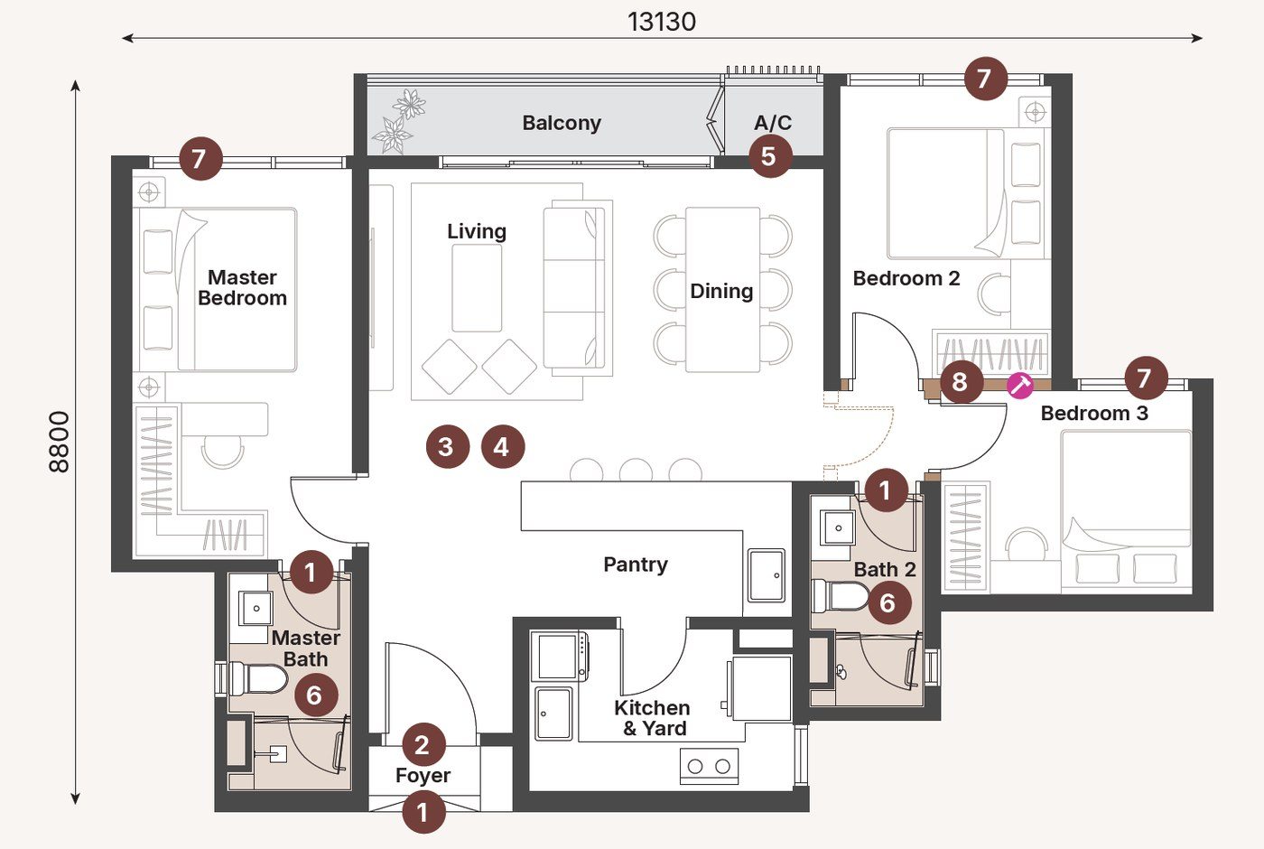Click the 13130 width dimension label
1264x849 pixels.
click(x=662, y=21)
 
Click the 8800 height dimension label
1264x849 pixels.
click(x=59, y=442)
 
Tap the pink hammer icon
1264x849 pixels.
click(x=1020, y=385)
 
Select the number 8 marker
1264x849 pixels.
click(x=961, y=382)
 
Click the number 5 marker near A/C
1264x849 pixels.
click(x=769, y=156)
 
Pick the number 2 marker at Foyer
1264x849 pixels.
click(x=422, y=745)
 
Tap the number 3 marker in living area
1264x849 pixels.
click(x=446, y=446)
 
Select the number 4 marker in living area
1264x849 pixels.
click(x=502, y=446)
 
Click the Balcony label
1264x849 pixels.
click(x=562, y=123)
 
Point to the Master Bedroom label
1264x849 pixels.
click(x=242, y=288)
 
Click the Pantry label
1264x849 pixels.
click(x=636, y=564)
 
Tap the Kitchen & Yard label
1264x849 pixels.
click(x=652, y=718)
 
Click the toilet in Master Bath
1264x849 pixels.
click(x=258, y=678)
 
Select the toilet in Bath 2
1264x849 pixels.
click(x=840, y=596)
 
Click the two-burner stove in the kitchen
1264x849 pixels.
click(x=709, y=766)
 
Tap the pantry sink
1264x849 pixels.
click(x=766, y=574)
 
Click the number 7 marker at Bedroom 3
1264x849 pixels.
click(x=1145, y=377)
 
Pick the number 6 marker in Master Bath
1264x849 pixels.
click(x=315, y=695)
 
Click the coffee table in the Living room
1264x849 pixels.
click(x=477, y=288)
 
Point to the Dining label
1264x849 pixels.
click(x=721, y=291)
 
